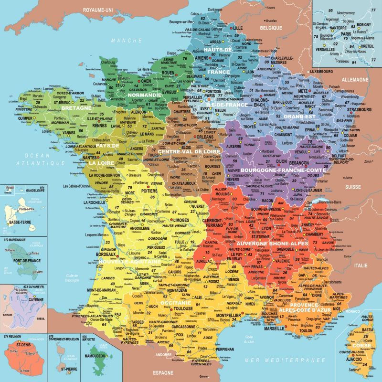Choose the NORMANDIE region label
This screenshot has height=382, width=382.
(x=144, y=95)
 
